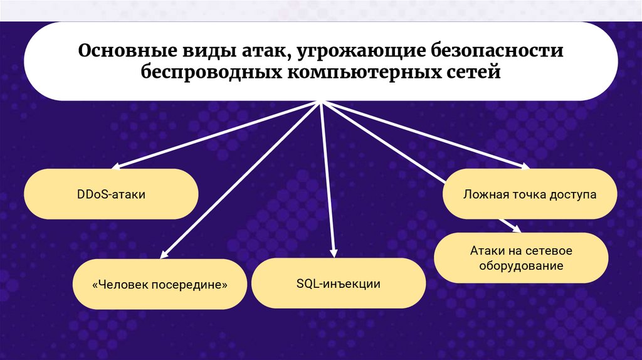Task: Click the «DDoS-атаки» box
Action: pyautogui.click(x=112, y=194)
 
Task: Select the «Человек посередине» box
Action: pyautogui.click(x=159, y=284)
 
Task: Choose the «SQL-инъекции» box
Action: pyautogui.click(x=339, y=284)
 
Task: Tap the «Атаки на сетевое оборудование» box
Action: pyautogui.click(x=521, y=258)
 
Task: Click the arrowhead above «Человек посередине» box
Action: pyautogui.click(x=164, y=253)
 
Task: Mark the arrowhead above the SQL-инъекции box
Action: pyautogui.click(x=333, y=252)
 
